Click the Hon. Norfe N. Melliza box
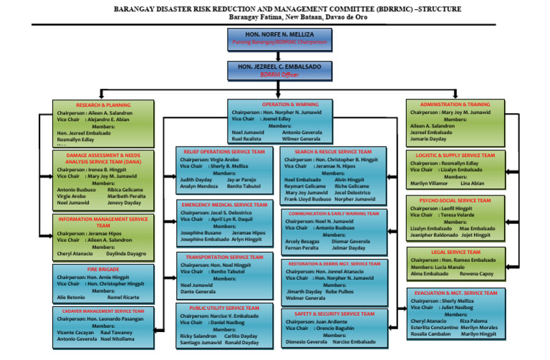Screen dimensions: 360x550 pos(275,38)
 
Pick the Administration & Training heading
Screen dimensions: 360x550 pos(455,104)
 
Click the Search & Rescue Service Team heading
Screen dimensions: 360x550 pos(333,152)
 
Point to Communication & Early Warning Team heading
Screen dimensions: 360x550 pos(334,213)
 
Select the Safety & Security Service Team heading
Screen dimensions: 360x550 pos(334,313)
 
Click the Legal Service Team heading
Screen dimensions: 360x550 pos(455,253)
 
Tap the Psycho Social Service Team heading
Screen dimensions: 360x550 pos(455,200)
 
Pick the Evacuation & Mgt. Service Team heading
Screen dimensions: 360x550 pos(455,293)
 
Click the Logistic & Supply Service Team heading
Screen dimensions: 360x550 pos(455,155)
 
